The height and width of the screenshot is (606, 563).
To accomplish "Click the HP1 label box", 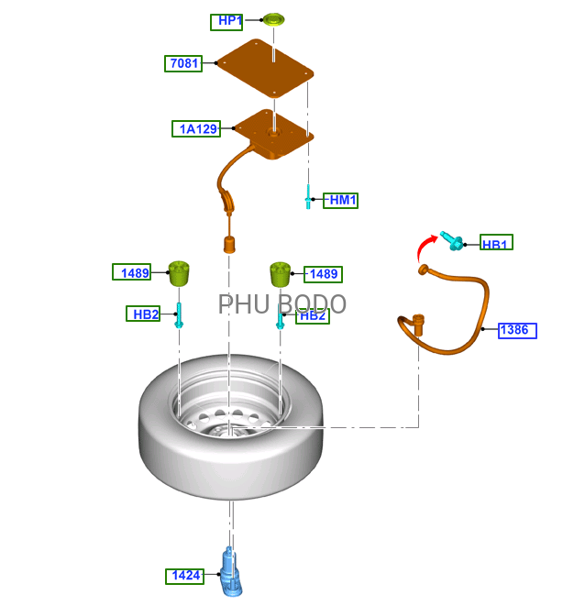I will click(229, 21).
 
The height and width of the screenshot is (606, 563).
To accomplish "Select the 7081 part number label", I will click(183, 63).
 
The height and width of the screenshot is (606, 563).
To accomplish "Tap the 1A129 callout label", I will click(197, 129).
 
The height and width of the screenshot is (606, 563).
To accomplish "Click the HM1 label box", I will click(342, 200).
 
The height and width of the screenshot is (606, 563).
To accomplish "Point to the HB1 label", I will click(495, 244).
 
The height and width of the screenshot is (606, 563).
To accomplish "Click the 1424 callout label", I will click(186, 576).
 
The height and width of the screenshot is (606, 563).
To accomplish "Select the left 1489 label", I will click(132, 272).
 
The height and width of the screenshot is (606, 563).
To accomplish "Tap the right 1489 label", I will click(323, 273).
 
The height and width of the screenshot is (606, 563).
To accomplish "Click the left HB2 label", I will click(145, 314).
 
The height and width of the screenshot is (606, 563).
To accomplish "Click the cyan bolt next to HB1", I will click(451, 241).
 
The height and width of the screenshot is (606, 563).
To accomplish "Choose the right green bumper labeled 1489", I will click(281, 273).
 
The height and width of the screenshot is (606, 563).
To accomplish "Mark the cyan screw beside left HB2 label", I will click(180, 314).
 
